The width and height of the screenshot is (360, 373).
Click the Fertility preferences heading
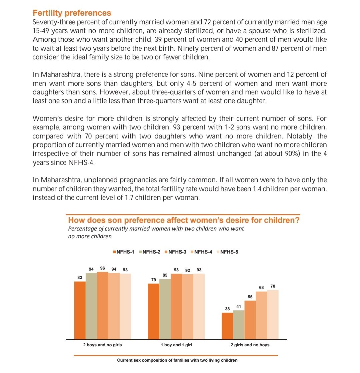click(x=72, y=13)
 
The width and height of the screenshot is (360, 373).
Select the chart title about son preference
click(x=184, y=221)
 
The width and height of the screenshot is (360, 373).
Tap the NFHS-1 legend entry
click(x=124, y=252)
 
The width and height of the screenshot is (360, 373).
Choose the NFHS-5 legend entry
click(x=227, y=252)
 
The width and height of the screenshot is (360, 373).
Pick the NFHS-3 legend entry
click(x=175, y=252)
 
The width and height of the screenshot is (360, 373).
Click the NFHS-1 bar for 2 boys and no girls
click(x=80, y=310)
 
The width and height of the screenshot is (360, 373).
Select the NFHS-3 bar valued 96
click(x=103, y=305)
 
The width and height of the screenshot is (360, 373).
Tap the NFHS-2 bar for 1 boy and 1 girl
click(x=165, y=309)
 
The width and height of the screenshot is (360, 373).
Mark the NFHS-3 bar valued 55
click(x=250, y=320)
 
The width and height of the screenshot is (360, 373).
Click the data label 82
click(x=80, y=277)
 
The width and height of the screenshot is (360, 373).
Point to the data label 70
click(x=273, y=286)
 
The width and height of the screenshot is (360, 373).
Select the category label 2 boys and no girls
click(x=102, y=345)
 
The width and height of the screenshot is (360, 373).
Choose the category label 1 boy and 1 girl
click(x=176, y=345)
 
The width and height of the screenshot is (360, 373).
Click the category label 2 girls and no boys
click(x=250, y=345)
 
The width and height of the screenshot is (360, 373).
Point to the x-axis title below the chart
click(x=177, y=360)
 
